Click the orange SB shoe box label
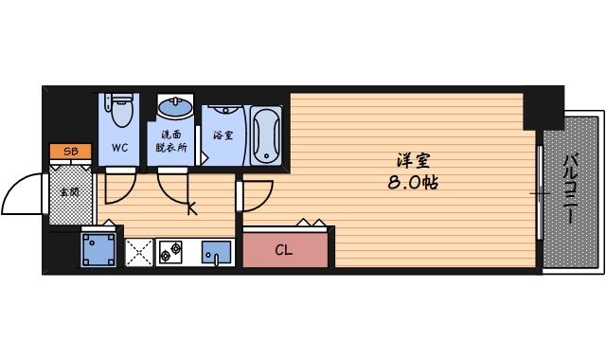pyautogui.click(x=70, y=152)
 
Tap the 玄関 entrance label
pyautogui.click(x=70, y=191)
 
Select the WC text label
pyautogui.click(x=120, y=148)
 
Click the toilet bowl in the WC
pyautogui.click(x=120, y=112)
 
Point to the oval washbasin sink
pyautogui.click(x=173, y=107)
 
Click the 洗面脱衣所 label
pyautogui.click(x=172, y=141)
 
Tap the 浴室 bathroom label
pyautogui.click(x=223, y=135)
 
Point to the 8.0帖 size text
pyautogui.click(x=414, y=182)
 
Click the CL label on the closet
pyautogui.click(x=283, y=251)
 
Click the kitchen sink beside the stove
pyautogui.click(x=217, y=252)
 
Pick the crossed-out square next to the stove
pyautogui.click(x=140, y=252)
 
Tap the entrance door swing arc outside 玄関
pyautogui.click(x=21, y=194)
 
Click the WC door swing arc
pyautogui.click(x=120, y=189)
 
